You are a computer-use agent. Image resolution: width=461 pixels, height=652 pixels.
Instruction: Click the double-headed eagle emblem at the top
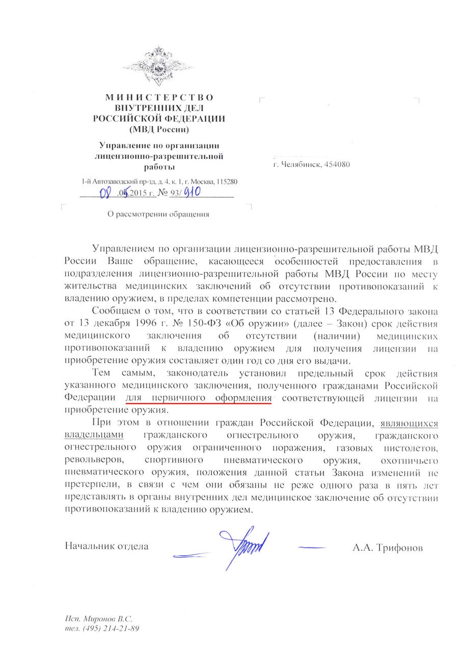(158, 66)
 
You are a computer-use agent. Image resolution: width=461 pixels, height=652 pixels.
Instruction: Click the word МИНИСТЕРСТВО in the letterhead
(159, 97)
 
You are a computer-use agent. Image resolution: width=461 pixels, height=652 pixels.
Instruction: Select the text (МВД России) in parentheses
(158, 128)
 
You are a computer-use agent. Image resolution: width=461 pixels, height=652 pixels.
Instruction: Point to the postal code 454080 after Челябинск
(337, 165)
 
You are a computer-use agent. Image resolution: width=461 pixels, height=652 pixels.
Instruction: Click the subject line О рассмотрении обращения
(158, 214)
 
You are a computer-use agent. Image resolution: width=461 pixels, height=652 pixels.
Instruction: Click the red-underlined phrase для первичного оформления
(199, 397)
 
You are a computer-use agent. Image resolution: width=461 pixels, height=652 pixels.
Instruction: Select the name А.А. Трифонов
(387, 548)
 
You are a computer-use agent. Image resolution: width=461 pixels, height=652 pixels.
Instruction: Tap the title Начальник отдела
(106, 547)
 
